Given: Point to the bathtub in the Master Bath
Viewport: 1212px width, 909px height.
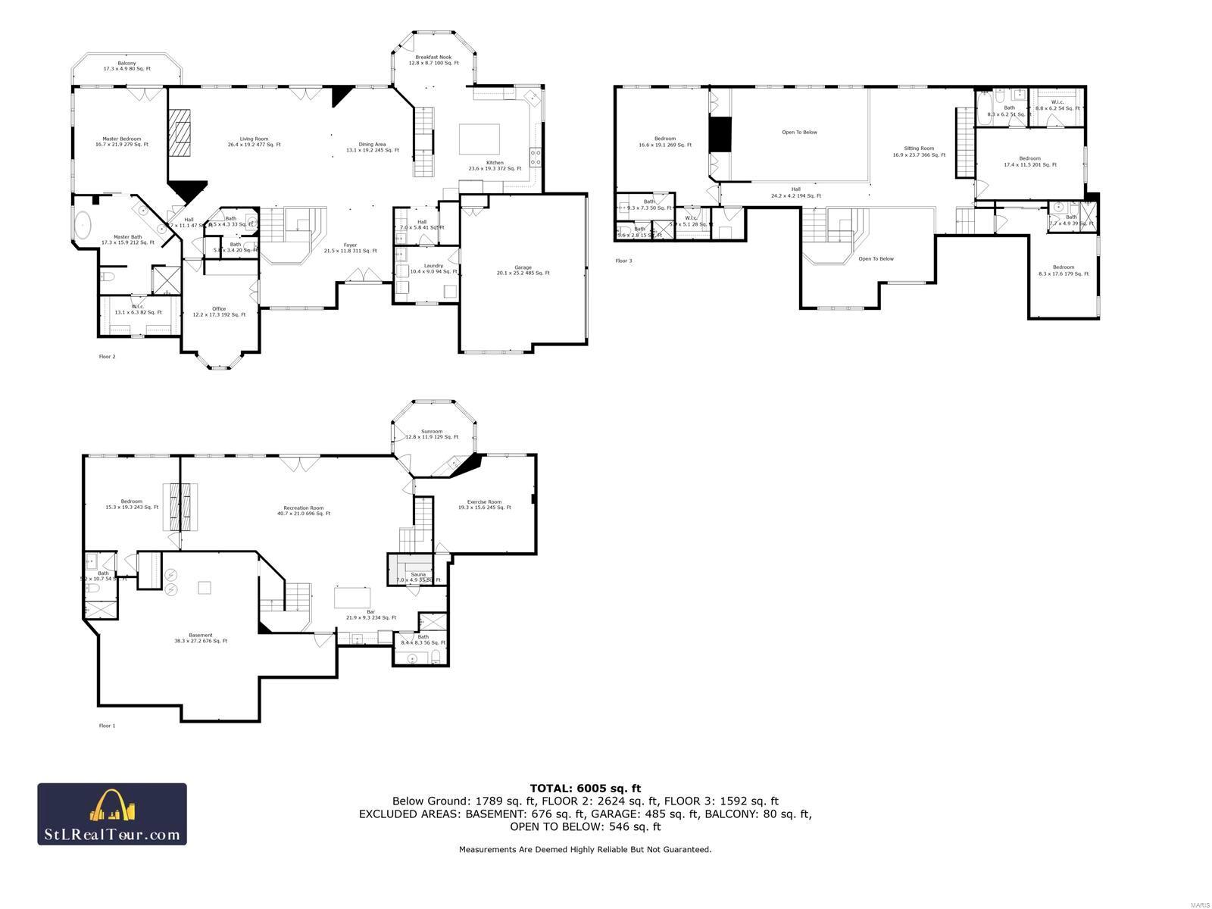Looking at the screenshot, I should (x=82, y=226).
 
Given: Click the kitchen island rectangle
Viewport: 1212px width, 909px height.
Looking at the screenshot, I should (x=479, y=139).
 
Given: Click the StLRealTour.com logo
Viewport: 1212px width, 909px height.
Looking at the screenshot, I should (x=112, y=814).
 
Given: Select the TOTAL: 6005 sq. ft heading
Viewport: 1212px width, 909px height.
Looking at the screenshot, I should (x=585, y=788).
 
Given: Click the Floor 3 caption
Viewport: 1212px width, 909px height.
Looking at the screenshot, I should (x=623, y=261).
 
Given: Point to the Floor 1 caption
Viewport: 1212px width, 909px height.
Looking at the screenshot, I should (x=107, y=725).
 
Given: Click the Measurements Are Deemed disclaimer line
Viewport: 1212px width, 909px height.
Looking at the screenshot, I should (x=585, y=849).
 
